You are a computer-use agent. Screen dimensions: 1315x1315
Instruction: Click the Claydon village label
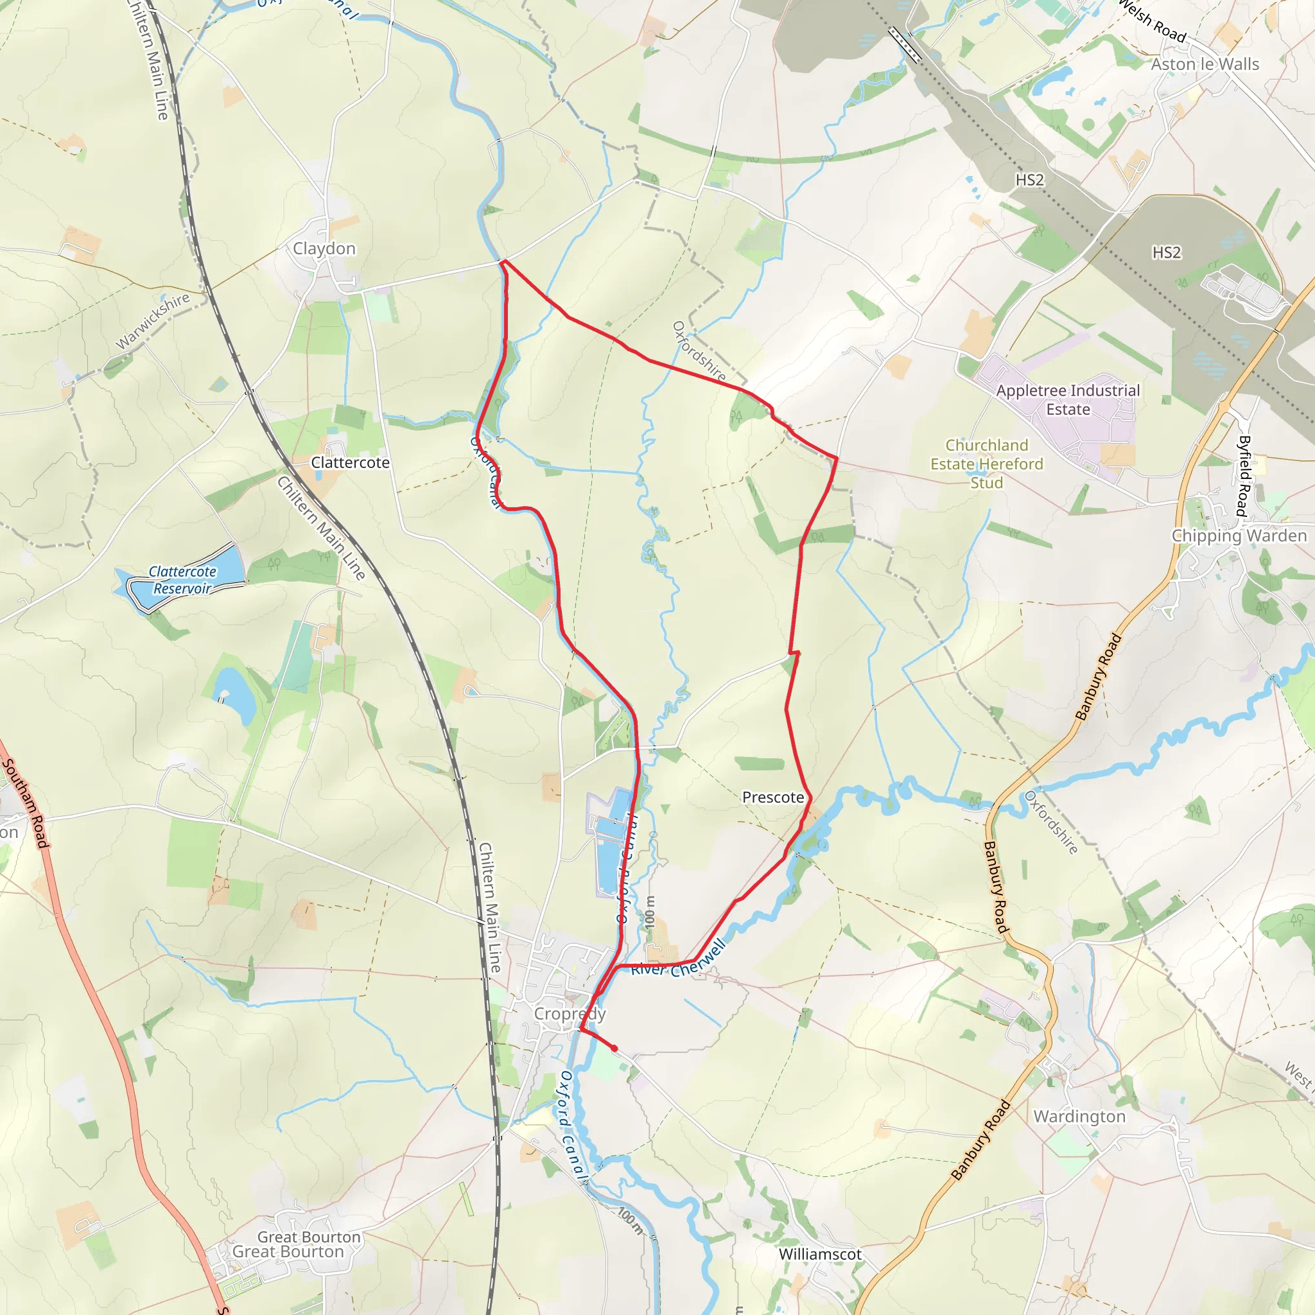coord(324,248)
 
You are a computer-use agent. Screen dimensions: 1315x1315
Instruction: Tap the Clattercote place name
coord(350,462)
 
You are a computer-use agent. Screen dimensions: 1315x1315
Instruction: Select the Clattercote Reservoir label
coord(182,580)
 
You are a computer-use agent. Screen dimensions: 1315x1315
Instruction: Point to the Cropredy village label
coord(570,1013)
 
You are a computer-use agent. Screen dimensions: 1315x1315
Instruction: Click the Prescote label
coord(772,797)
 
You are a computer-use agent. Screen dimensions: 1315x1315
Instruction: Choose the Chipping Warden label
coord(1239,536)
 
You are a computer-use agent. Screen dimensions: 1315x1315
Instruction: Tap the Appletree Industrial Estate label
coord(1067,399)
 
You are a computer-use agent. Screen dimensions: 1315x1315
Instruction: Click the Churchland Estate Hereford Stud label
coord(986,464)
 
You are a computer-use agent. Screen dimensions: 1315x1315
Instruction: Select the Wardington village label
coord(1079,1116)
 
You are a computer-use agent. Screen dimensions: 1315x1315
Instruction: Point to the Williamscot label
coord(819,1254)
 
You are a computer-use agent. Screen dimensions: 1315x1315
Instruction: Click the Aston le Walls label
coord(1205,64)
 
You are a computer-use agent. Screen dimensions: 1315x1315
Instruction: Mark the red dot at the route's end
coord(614,1048)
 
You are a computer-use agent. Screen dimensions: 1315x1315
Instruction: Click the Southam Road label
coord(26,803)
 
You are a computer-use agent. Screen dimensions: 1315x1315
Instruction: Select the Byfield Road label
coord(1244,476)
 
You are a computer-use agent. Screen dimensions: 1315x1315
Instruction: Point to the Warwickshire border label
coord(153,320)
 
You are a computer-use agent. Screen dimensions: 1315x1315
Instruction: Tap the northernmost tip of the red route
coord(503,261)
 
